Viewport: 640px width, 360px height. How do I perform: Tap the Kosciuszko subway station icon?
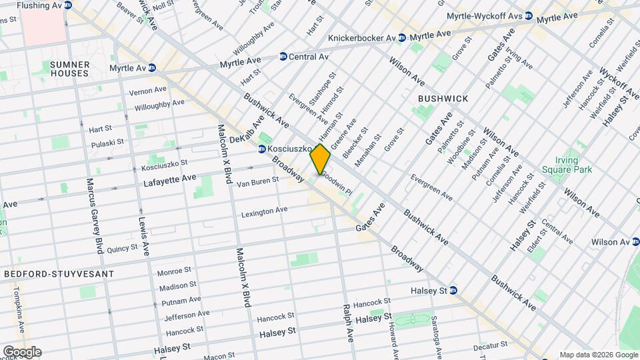point(262,148)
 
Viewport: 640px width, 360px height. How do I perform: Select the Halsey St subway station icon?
point(453,290)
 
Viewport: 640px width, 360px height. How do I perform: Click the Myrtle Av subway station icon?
point(152,67)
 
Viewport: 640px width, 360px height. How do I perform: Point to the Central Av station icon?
point(283,57)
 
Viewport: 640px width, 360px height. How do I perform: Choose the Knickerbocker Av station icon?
point(401,38)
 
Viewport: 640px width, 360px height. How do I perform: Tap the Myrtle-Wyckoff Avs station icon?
point(528,15)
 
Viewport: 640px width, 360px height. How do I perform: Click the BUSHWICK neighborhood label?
point(443,98)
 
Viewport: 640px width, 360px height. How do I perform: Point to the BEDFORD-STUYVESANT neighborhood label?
point(59,274)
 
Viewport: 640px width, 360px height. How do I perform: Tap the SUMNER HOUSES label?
point(69,69)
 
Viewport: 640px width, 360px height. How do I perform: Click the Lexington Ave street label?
point(264,211)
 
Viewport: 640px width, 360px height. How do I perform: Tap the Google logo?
point(21,351)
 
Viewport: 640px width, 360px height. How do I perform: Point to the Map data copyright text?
point(597,355)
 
